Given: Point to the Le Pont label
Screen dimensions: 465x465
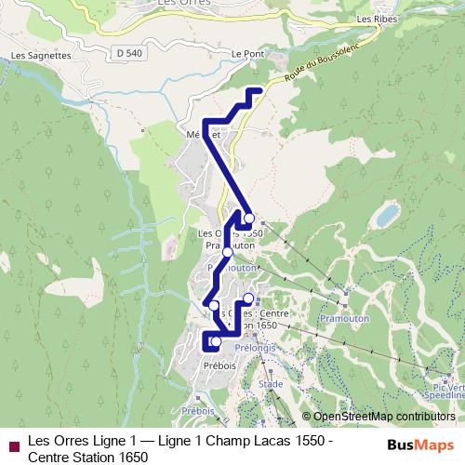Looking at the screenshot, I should tap(248, 55).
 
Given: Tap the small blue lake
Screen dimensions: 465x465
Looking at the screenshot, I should tap(386, 217).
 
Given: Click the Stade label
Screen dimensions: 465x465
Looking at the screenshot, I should tap(271, 383).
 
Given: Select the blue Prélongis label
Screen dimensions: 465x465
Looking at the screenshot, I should tap(251, 350).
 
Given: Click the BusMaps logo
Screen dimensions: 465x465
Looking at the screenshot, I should tap(421, 445).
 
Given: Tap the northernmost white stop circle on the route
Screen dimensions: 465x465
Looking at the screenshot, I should tap(248, 218).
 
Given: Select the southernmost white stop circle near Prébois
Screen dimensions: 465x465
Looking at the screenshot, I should tap(216, 342).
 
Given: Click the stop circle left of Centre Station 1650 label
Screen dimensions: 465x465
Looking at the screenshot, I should tap(248, 299).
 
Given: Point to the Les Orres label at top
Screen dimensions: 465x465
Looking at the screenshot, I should tap(179, 4).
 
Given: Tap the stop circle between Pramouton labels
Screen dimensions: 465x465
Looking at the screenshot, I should tap(227, 252).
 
